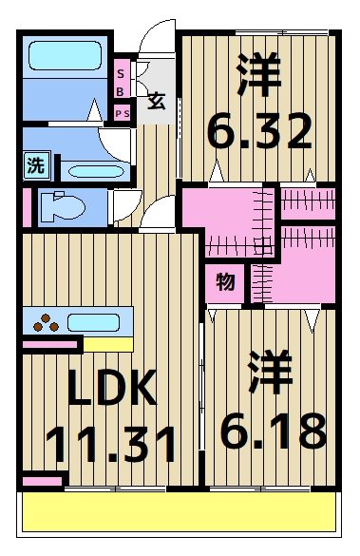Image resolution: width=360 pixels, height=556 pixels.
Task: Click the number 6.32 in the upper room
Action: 259,131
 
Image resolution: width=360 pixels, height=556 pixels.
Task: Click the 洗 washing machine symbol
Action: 35,164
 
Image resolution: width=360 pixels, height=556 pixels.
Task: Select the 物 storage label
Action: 225,282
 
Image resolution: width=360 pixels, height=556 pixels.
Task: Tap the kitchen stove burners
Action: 46,321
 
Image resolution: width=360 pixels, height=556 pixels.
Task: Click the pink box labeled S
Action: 122,71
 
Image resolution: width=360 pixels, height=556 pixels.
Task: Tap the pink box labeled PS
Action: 122,113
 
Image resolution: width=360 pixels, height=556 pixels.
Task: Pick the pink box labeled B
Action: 122,91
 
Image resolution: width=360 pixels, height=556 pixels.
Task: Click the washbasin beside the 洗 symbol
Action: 90,172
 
